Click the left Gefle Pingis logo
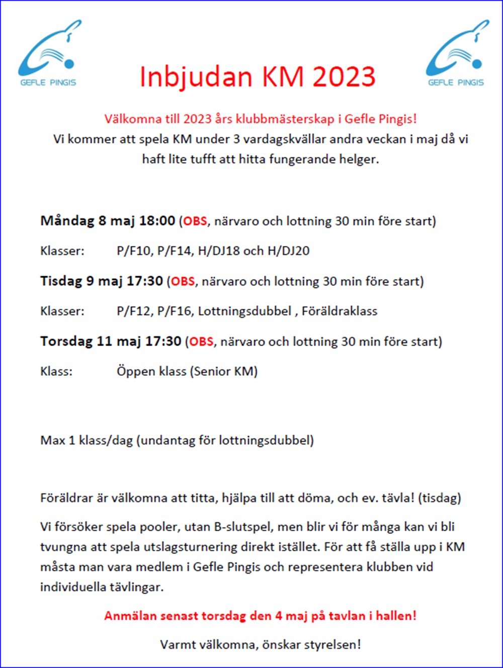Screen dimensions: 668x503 48,53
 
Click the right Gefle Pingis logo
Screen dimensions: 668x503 456,53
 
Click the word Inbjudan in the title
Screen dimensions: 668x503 196,77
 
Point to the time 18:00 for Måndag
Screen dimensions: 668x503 156,221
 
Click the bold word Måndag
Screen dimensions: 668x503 68,221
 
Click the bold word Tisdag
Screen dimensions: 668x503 61,281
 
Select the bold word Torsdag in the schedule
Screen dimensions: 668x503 66,342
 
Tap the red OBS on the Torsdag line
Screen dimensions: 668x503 201,342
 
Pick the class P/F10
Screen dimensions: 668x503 134,251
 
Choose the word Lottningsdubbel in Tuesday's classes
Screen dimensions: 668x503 244,311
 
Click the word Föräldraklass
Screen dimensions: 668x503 340,311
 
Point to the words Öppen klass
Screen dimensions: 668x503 151,372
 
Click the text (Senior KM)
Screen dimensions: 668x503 224,372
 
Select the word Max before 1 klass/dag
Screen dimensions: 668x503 52,441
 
